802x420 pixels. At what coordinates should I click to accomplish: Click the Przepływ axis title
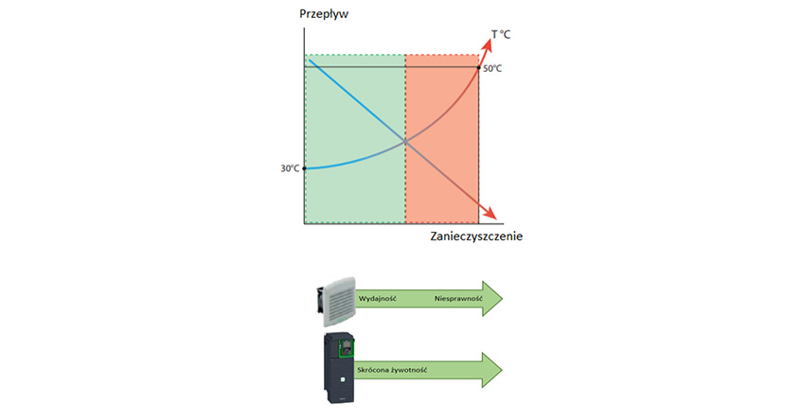tap(324, 14)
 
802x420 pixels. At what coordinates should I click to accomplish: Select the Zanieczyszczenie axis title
tap(476, 236)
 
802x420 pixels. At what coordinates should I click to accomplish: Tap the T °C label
tap(501, 35)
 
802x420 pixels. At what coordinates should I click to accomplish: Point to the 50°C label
tap(492, 68)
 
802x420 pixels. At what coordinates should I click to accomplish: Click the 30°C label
tap(290, 168)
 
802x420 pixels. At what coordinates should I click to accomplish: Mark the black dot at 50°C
tap(479, 67)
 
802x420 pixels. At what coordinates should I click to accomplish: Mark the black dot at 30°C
tap(304, 168)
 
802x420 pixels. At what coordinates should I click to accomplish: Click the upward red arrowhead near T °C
tap(487, 44)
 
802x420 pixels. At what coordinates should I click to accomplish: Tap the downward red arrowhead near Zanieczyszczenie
tap(490, 213)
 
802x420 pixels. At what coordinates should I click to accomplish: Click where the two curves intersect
tap(405, 142)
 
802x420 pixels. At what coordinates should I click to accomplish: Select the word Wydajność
tap(378, 298)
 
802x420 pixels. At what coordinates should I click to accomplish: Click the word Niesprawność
tap(459, 298)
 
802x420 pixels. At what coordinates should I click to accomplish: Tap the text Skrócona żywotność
tap(392, 370)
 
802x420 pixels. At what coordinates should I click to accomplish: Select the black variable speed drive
tap(339, 368)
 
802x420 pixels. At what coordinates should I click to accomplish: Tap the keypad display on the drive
tap(347, 347)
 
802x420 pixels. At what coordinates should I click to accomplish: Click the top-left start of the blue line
tap(310, 61)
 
